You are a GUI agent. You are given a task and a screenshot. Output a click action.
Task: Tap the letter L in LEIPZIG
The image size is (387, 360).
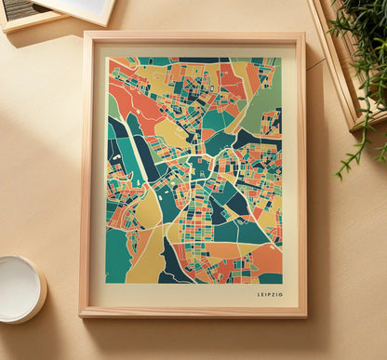(259, 295)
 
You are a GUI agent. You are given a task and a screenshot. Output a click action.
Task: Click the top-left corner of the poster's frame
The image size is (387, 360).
(84, 33)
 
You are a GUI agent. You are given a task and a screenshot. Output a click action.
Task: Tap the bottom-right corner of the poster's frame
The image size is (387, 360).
(305, 316)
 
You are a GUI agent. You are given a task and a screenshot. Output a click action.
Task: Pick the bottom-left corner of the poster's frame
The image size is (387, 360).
(81, 315)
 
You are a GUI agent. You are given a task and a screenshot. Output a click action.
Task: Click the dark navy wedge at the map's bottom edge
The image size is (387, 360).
(171, 264)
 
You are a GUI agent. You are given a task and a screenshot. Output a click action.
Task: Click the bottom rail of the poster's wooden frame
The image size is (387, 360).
(193, 312)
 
